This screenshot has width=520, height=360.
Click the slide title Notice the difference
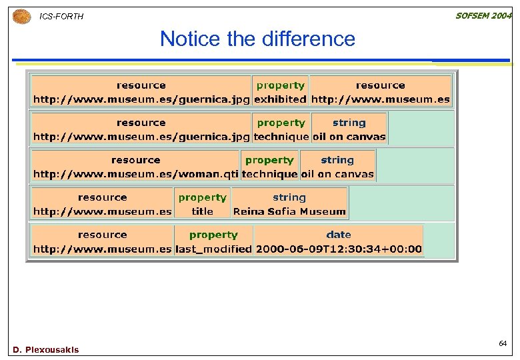tap(257, 39)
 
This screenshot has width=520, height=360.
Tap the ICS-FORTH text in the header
tap(62, 16)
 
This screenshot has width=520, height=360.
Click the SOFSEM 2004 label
tap(483, 16)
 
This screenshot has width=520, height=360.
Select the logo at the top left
tap(22, 16)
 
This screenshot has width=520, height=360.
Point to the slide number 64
tap(503, 343)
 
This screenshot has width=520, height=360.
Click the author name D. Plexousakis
tap(45, 349)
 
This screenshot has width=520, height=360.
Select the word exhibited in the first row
tap(280, 99)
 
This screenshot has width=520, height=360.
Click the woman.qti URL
tap(135, 174)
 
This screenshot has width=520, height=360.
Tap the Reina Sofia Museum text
tap(289, 211)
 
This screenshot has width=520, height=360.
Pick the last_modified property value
tap(213, 249)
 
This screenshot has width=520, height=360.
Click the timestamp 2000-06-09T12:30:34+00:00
tap(339, 249)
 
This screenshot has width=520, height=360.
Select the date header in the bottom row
tap(339, 235)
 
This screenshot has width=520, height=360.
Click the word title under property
tap(203, 211)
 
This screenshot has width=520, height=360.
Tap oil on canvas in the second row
tap(349, 137)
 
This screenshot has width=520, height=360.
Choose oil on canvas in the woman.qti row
tap(337, 174)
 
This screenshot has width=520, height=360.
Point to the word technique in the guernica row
tap(281, 137)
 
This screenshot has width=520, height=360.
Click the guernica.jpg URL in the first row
tap(141, 99)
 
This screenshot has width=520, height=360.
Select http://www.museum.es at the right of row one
tap(381, 99)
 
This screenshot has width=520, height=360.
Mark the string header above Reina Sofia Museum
tap(289, 197)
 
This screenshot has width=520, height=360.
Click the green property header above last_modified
tap(213, 235)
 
